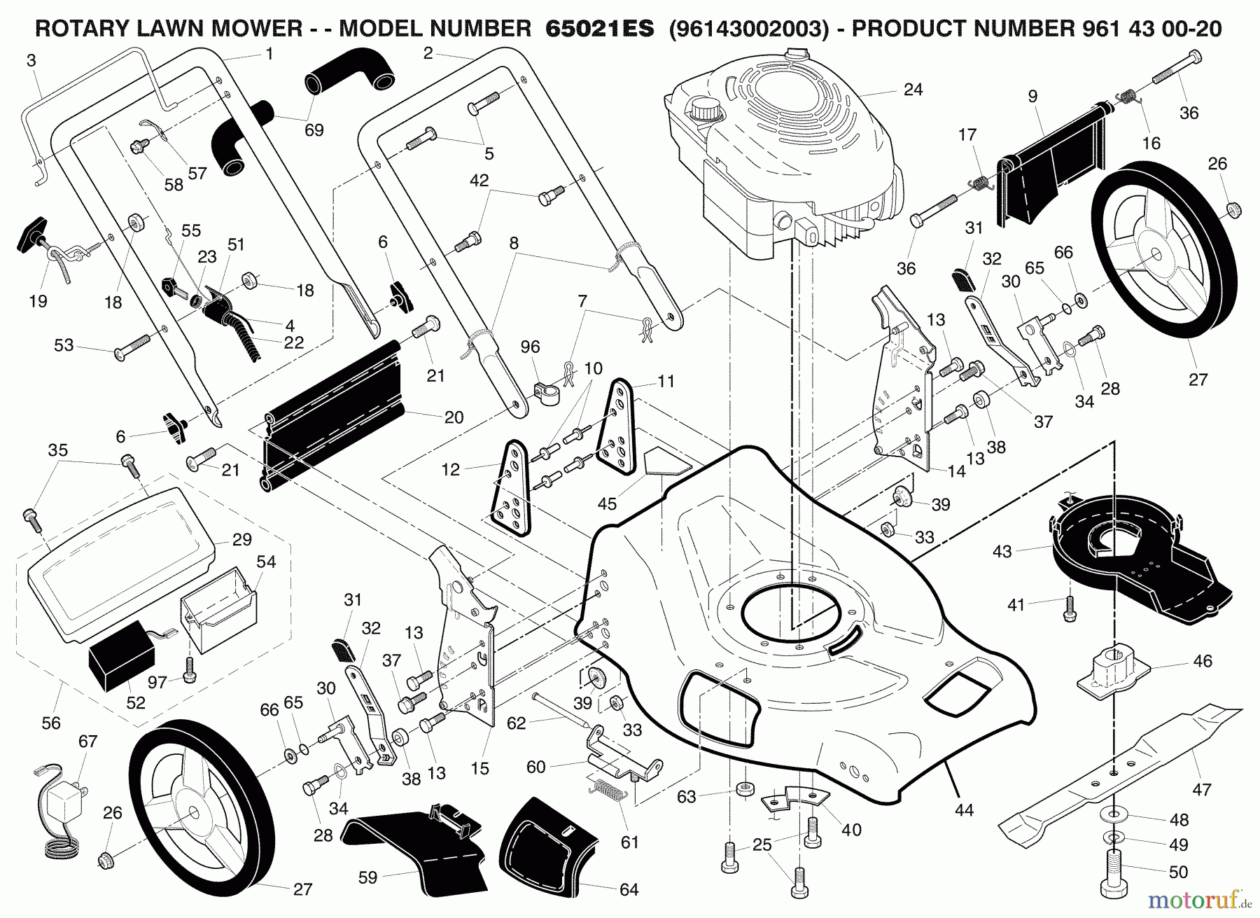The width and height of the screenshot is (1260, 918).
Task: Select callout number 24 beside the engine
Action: tap(913, 90)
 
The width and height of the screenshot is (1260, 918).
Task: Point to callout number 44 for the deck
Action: tap(964, 809)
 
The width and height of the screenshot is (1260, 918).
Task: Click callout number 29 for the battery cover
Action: tap(241, 540)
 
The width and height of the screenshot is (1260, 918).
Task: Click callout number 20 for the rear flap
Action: tap(454, 417)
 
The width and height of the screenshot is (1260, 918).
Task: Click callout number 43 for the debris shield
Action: tap(1002, 551)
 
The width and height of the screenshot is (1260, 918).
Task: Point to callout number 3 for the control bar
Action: tap(31, 61)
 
